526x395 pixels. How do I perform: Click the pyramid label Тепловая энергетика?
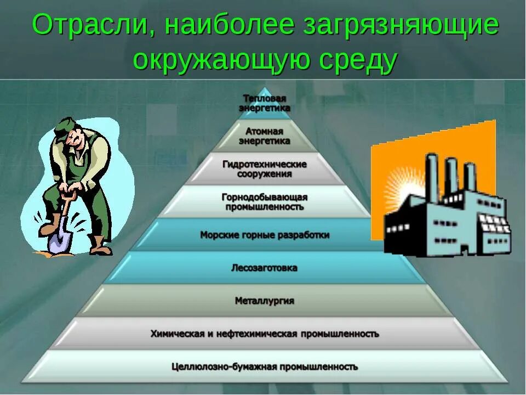coord(265,103)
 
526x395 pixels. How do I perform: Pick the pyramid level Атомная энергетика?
coord(264,137)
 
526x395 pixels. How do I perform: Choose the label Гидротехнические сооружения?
coord(265,169)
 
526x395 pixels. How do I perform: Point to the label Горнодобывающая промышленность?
coord(264,202)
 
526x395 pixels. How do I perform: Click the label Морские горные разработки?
coord(265,235)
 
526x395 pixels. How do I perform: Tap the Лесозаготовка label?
coord(265,268)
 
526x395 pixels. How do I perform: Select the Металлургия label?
coord(265,301)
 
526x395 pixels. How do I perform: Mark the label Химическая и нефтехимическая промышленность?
coord(265,334)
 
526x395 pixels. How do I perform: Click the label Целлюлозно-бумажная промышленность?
coord(265,366)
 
